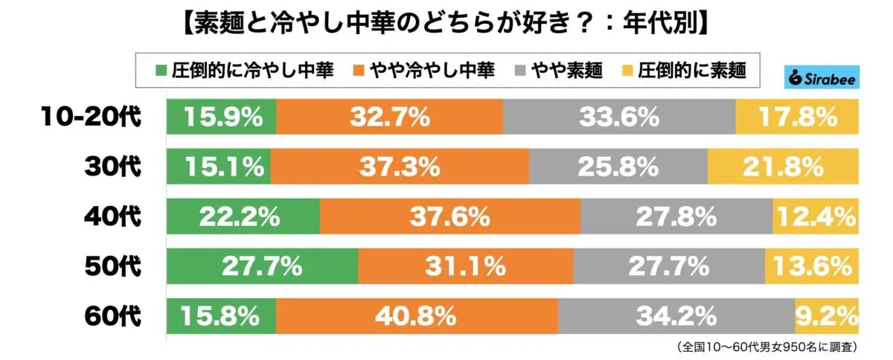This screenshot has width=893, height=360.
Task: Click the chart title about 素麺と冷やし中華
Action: [x=445, y=22]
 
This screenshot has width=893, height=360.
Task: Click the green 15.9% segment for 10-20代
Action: [x=221, y=118]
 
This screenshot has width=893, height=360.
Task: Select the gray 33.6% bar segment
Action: [x=619, y=118]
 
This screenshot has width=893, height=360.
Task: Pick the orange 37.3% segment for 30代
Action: [x=400, y=167]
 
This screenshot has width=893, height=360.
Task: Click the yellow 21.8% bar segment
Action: [x=781, y=167]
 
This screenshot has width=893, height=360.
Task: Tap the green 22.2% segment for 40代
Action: [x=243, y=217]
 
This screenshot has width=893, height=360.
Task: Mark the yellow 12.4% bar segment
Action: [x=815, y=217]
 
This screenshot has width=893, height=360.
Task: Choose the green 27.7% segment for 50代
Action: [x=262, y=266]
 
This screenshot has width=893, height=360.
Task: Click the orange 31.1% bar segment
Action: [x=466, y=266]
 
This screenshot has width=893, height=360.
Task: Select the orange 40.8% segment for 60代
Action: [x=417, y=317]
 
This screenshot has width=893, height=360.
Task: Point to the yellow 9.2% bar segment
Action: [x=826, y=317]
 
